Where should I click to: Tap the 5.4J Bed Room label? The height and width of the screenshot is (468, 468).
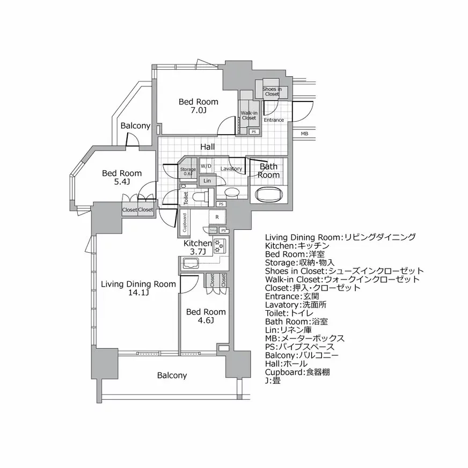pyautogui.click(x=122, y=178)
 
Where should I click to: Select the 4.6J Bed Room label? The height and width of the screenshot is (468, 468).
pyautogui.click(x=206, y=316)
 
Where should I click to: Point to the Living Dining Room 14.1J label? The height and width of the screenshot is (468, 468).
pyautogui.click(x=138, y=288)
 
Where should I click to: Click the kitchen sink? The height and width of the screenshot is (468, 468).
pyautogui.click(x=191, y=263)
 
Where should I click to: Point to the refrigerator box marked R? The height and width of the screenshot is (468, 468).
pyautogui.click(x=217, y=217)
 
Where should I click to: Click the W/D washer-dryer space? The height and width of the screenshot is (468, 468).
pyautogui.click(x=207, y=166)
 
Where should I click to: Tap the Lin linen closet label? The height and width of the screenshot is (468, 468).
pyautogui.click(x=207, y=181)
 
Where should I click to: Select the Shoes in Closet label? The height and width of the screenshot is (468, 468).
pyautogui.click(x=272, y=91)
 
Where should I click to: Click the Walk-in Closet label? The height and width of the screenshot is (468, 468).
pyautogui.click(x=248, y=115)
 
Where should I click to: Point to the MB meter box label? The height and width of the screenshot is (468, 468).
pyautogui.click(x=304, y=134)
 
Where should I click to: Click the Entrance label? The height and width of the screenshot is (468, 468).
pyautogui.click(x=274, y=120)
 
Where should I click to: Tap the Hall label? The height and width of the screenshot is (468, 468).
pyautogui.click(x=208, y=146)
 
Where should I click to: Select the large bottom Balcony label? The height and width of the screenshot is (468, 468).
pyautogui.click(x=172, y=375)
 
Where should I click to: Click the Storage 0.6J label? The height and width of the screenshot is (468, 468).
pyautogui.click(x=188, y=171)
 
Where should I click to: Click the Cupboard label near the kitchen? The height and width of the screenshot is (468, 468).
pyautogui.click(x=185, y=222)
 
